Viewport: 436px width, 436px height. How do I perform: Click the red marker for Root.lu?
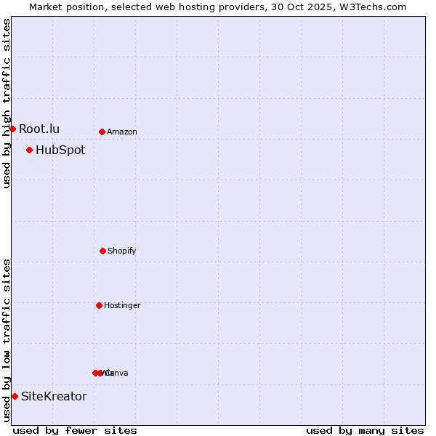click(12, 129)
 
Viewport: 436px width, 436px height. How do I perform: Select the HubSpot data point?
click(29, 150)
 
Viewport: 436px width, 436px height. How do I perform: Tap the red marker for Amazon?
click(102, 132)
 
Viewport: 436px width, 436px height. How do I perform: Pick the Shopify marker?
click(102, 251)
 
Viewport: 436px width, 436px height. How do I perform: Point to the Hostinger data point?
click(99, 305)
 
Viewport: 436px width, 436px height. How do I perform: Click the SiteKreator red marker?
click(15, 396)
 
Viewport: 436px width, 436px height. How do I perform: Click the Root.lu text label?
click(39, 129)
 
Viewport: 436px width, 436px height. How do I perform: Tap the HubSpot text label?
click(60, 150)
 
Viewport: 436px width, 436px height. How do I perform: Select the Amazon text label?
click(122, 132)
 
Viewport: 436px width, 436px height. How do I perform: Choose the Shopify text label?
click(122, 251)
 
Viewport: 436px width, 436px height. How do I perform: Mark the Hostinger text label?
click(122, 306)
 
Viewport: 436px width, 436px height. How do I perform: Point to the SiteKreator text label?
click(54, 396)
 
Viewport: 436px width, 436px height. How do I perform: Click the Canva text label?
click(117, 374)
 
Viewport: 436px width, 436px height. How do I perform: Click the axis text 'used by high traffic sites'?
click(7, 103)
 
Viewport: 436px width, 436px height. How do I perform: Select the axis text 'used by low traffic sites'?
click(7, 340)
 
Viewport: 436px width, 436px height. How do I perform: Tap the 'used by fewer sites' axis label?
click(75, 430)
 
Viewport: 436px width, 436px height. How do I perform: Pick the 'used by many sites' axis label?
click(365, 430)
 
